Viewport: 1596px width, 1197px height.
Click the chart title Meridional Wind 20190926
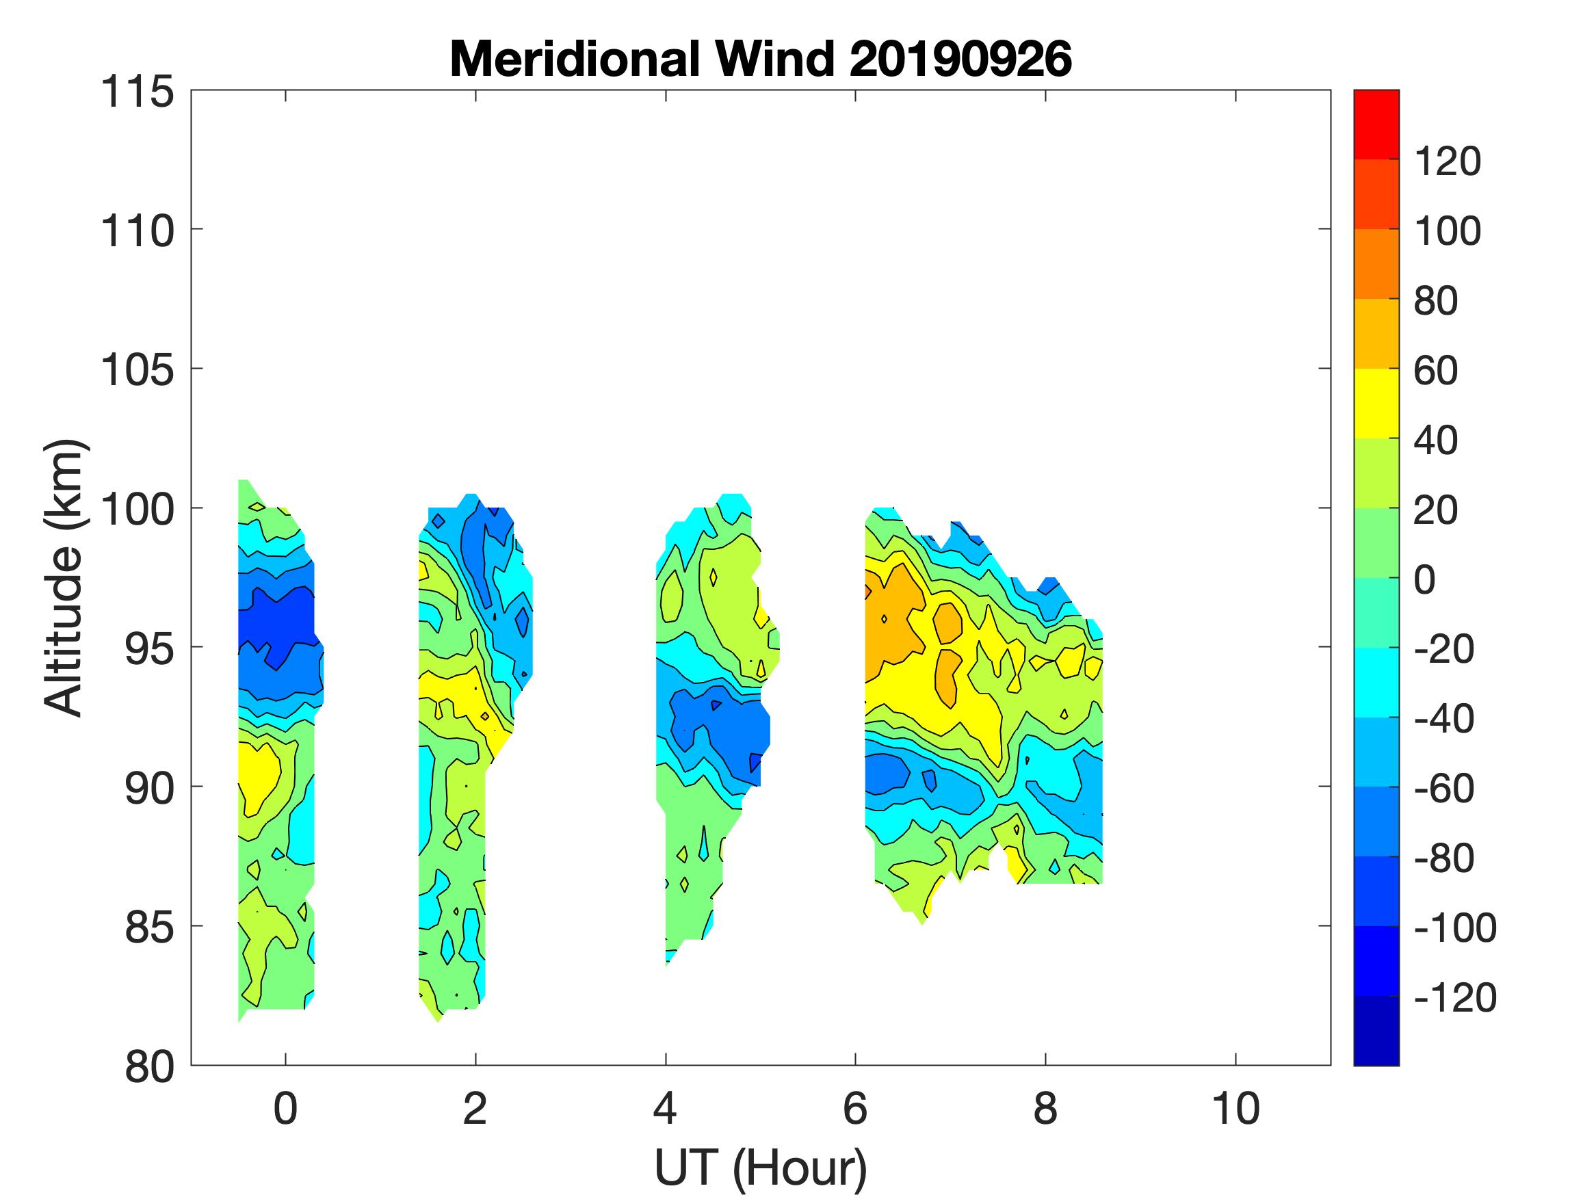[x=761, y=59]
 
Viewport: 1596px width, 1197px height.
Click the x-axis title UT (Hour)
[x=761, y=1167]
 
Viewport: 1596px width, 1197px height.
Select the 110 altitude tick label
[x=137, y=232]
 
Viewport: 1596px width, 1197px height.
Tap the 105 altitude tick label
[x=137, y=371]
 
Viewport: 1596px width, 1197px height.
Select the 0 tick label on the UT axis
[x=286, y=1109]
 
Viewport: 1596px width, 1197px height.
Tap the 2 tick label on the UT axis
[x=475, y=1109]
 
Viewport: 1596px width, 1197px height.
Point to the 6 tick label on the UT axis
[x=855, y=1109]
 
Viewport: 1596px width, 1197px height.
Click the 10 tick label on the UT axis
[x=1236, y=1109]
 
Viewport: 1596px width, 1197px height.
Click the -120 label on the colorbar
[x=1454, y=998]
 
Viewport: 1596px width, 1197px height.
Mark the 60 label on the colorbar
[x=1436, y=371]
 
